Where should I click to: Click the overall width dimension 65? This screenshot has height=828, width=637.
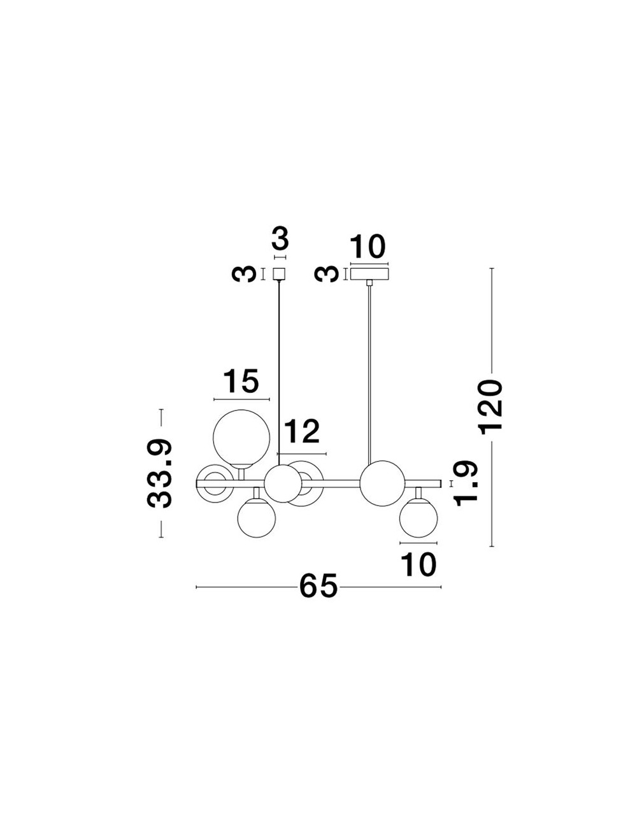318,587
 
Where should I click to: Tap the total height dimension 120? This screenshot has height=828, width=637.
492,407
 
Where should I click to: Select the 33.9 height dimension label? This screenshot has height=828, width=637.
159,473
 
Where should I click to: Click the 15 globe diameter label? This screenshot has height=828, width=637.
241,381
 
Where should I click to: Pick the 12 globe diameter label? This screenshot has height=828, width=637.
302,431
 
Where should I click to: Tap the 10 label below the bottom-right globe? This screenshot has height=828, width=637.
418,564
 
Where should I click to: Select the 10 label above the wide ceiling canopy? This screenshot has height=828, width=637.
368,247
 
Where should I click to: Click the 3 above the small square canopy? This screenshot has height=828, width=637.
280,239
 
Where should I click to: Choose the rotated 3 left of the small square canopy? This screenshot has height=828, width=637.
244,275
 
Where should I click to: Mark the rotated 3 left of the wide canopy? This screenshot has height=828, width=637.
327,275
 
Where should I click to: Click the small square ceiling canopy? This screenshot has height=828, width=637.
280,274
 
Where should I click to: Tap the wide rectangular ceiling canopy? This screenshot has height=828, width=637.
369,274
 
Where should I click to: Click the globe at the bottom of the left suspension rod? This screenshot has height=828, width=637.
283,483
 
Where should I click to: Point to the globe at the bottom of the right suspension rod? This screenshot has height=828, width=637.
382,483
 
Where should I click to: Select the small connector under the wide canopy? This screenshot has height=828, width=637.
369,283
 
